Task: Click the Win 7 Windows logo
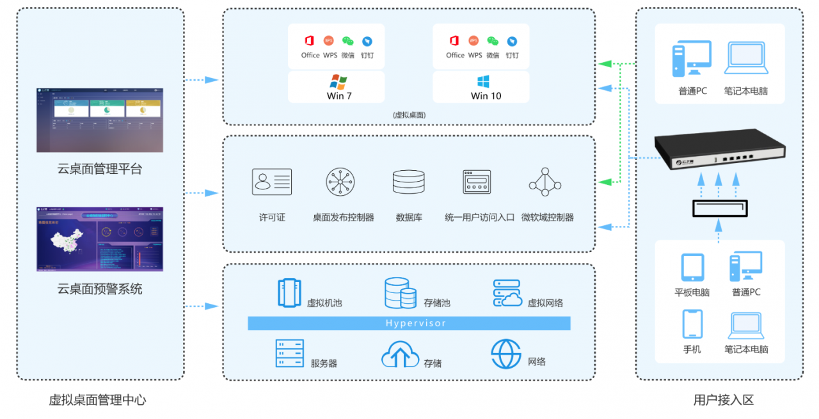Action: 338,82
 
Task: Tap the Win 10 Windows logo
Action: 483,82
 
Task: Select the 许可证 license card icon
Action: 272,182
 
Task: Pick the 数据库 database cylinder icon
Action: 409,182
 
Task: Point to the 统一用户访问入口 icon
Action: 477,182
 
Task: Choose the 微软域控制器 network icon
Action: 545,182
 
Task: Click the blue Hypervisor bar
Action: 409,323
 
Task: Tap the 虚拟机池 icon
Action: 290,292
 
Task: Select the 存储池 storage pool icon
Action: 401,293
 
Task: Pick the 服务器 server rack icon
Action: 289,353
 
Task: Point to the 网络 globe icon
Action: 506,354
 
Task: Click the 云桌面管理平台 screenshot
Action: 100,120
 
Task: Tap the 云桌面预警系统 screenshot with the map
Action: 100,239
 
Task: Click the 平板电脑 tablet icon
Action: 692,267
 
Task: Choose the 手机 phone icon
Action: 692,324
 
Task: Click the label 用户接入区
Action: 724,400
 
